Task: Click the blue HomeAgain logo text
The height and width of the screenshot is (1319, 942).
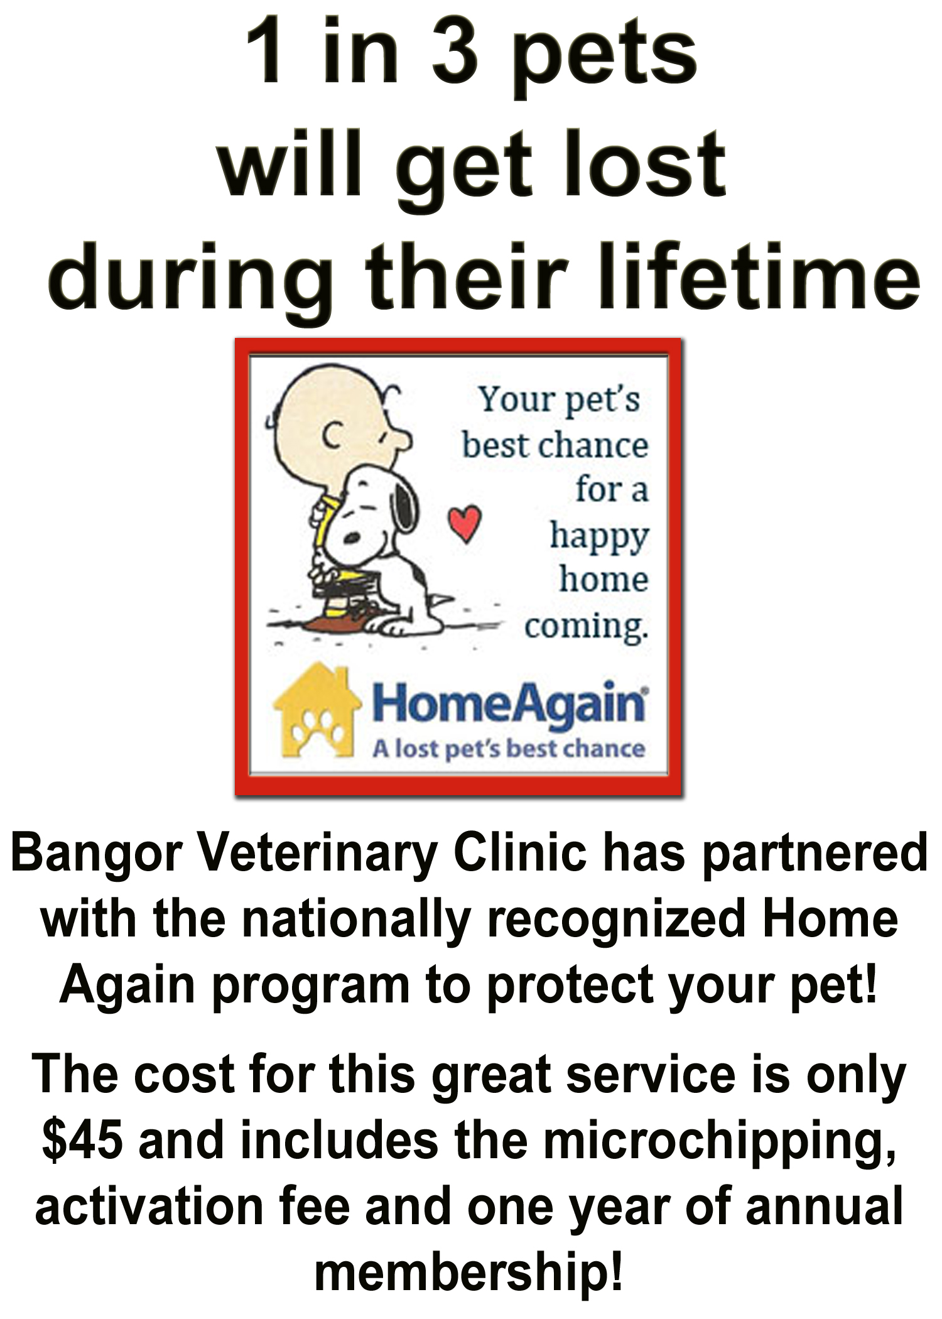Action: (x=509, y=705)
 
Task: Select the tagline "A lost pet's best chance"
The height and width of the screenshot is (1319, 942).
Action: (x=509, y=749)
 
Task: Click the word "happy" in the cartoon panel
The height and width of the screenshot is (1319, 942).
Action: (x=599, y=538)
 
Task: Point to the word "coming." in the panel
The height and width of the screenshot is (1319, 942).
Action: (x=585, y=626)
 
